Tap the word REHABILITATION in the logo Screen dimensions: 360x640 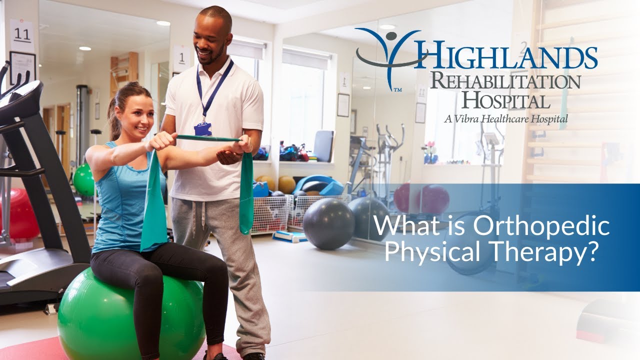505,82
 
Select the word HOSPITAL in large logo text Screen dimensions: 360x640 505,100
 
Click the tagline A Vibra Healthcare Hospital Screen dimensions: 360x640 505,119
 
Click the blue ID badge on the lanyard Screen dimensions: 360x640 202,129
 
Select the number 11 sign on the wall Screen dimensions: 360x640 22,35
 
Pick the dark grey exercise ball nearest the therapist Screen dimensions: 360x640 328,223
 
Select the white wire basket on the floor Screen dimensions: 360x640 270,214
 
